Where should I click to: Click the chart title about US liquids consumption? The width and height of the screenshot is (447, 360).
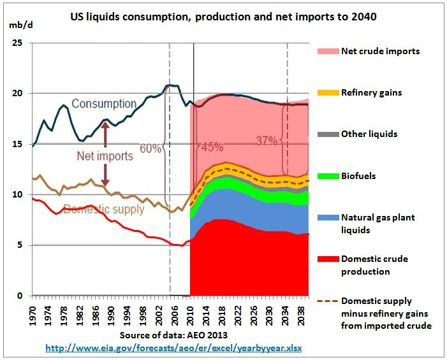[223, 17]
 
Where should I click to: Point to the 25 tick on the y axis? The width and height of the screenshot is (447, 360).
[17, 43]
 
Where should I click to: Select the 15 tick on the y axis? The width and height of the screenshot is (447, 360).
[17, 144]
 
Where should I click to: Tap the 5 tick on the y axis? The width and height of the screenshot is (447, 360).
[20, 245]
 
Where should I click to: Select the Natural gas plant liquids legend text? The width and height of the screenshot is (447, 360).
[378, 223]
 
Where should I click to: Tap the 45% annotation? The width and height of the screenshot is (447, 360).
[211, 147]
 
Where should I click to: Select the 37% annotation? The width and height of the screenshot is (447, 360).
[267, 140]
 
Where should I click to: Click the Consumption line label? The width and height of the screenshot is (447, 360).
[104, 103]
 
